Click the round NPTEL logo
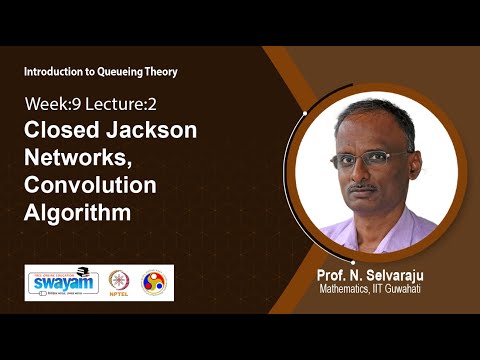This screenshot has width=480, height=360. coord(121,283)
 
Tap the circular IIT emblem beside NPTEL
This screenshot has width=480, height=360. coord(154,283)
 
